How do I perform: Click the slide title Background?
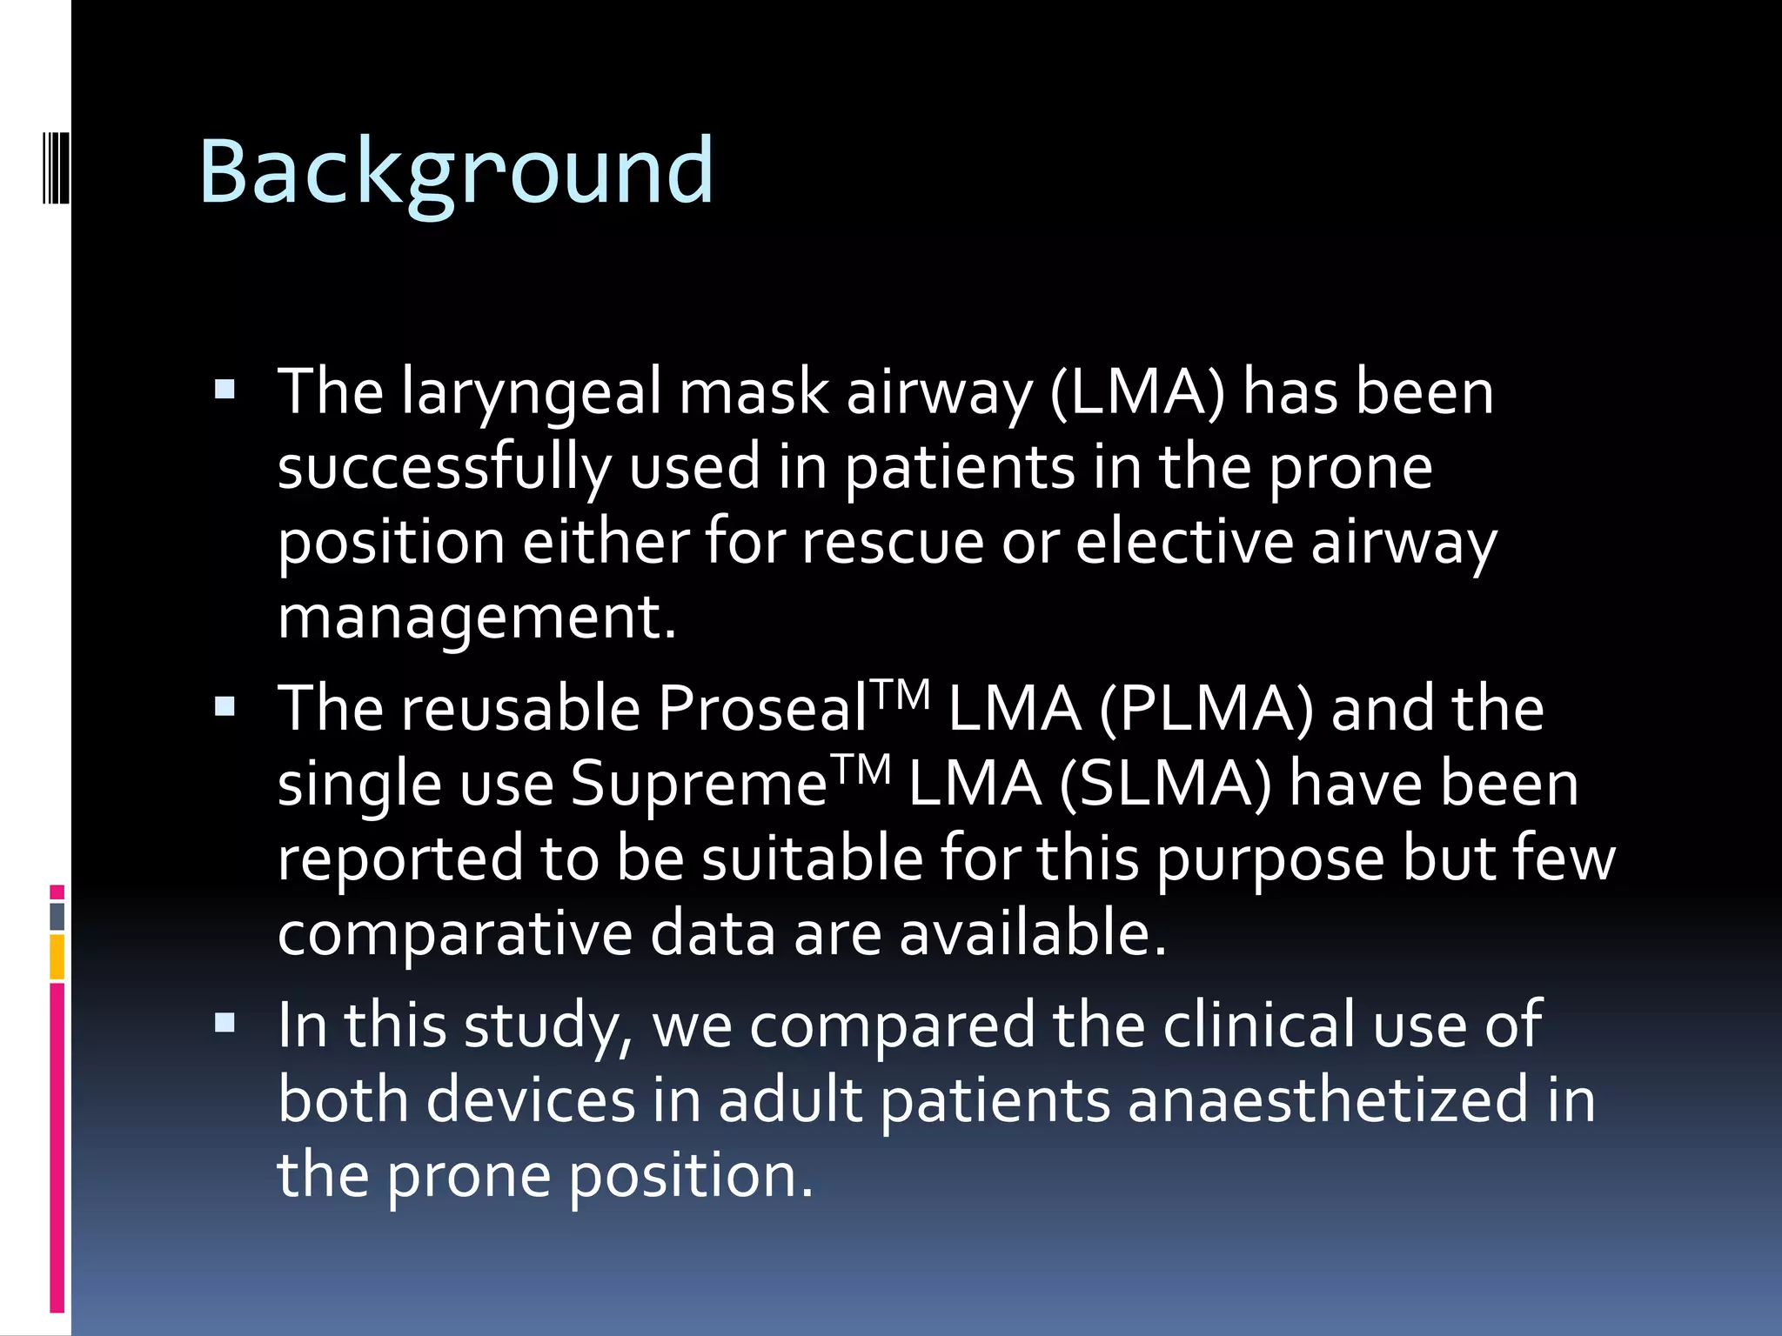click(x=456, y=172)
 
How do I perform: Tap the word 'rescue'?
click(x=893, y=543)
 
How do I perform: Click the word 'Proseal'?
click(x=762, y=709)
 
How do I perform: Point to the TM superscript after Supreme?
click(x=861, y=767)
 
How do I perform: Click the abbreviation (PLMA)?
click(x=1206, y=709)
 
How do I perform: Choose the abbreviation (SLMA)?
click(x=1166, y=784)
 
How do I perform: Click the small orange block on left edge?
click(x=57, y=957)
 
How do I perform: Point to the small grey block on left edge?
click(x=57, y=916)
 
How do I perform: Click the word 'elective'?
click(x=1184, y=543)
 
